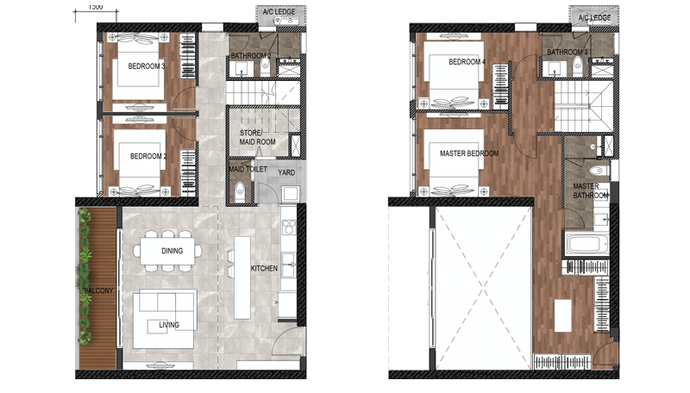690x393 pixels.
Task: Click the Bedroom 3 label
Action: click(147, 66)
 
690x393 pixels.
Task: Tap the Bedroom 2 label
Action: click(148, 156)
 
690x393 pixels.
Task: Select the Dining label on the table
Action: click(172, 251)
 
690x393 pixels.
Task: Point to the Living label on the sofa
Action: click(169, 325)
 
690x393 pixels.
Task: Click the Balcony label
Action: click(98, 290)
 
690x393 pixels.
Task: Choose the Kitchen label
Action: click(264, 268)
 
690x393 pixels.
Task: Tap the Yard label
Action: click(286, 172)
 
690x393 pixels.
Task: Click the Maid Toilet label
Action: click(248, 169)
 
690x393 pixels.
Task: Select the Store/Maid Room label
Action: click(257, 137)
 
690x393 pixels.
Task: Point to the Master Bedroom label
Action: click(469, 153)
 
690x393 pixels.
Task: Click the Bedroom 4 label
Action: click(467, 62)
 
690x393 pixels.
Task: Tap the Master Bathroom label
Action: click(591, 190)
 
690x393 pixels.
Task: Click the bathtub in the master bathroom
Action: click(587, 245)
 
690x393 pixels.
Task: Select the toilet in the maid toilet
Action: click(240, 190)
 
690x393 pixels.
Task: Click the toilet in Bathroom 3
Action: click(577, 66)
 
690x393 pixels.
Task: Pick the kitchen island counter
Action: click(242, 278)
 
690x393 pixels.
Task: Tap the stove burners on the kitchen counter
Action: click(289, 228)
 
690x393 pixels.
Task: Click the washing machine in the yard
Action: click(291, 193)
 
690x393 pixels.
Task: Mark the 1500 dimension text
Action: click(96, 7)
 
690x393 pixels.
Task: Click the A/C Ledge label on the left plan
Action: click(279, 12)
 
